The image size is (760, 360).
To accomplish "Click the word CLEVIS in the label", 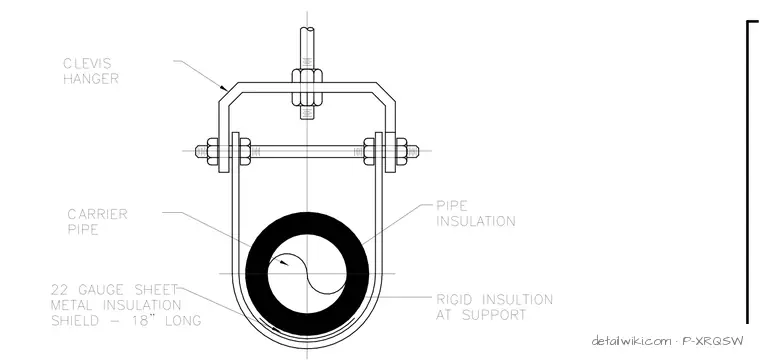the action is pos(87,63).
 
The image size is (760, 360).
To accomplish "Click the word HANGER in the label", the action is pos(91,79).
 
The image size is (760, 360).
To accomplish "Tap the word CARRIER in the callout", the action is pos(97,214).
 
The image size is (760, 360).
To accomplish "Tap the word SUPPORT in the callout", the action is pos(494,315).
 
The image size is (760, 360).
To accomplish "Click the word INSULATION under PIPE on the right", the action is pos(476,221).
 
